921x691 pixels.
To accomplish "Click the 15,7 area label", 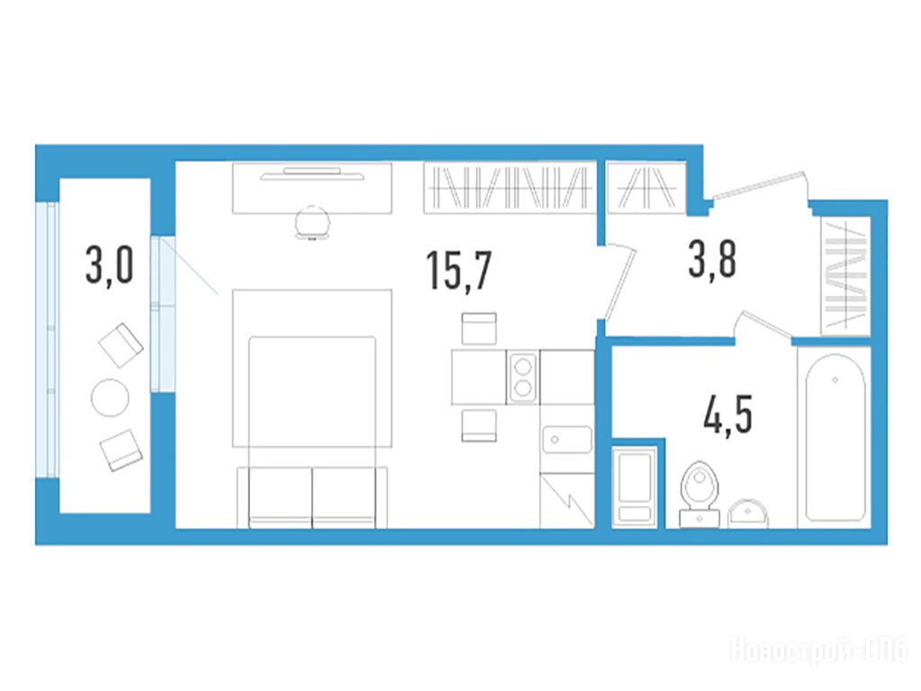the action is click(x=459, y=270).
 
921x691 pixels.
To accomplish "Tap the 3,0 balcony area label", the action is click(x=110, y=265).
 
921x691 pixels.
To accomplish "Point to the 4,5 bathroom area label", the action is click(x=727, y=414).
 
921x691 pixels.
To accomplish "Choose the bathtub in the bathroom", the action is click(x=835, y=437).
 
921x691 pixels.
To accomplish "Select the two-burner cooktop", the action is click(x=523, y=377).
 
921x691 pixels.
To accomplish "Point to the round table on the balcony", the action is click(x=110, y=398).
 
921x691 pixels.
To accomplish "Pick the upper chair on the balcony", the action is click(x=121, y=345).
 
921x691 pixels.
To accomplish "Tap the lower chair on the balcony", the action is click(x=122, y=450).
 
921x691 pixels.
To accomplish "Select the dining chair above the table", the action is click(x=479, y=328).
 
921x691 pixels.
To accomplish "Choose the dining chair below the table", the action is click(x=479, y=426).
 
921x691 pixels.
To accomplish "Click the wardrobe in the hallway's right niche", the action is click(x=845, y=275).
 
